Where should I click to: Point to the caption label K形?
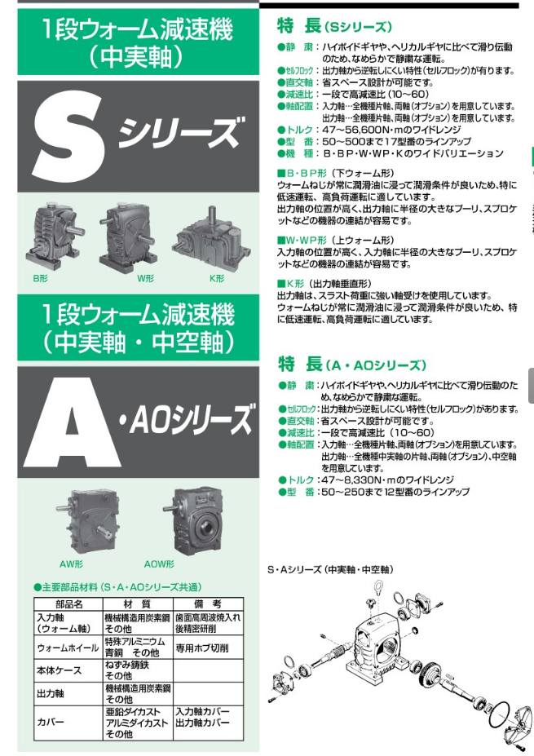coord(216,279)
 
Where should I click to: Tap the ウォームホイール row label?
coord(68,648)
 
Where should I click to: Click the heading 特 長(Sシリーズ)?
coord(335,26)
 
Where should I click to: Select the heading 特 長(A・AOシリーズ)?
coord(352,365)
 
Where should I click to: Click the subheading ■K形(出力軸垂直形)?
coord(329,283)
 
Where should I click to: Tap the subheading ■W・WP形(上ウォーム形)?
coord(335,241)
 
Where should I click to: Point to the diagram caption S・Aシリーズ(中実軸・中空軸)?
coord(330,569)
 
